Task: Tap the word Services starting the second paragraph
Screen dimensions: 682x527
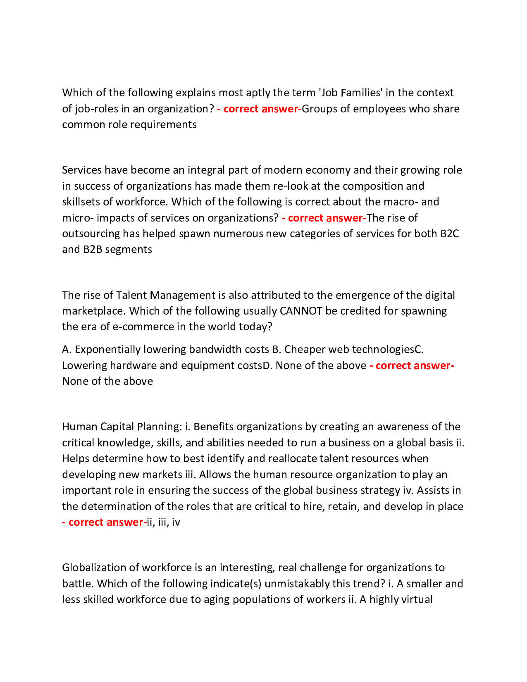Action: point(81,170)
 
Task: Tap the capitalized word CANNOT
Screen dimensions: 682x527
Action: point(300,311)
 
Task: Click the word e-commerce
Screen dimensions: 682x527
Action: point(143,327)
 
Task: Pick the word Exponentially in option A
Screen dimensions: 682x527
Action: point(107,350)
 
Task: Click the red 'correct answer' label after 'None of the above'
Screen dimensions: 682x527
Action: point(412,366)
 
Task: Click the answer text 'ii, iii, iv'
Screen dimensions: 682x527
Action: point(164,522)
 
